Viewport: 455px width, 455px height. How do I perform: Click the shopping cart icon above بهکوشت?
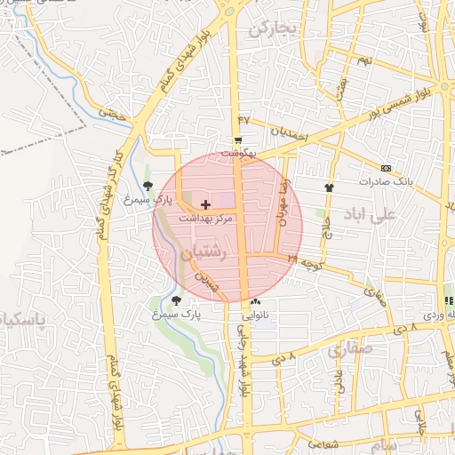238,141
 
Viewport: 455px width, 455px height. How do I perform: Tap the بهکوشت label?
238,153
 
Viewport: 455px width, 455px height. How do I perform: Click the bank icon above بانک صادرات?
386,168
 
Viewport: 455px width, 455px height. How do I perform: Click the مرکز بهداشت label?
205,217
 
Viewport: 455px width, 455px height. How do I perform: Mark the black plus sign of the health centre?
206,204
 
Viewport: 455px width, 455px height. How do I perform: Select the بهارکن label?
271,29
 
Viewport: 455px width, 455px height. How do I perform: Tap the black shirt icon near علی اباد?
329,188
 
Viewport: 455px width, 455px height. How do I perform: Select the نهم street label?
363,60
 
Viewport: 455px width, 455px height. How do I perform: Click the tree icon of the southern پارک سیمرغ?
176,300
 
